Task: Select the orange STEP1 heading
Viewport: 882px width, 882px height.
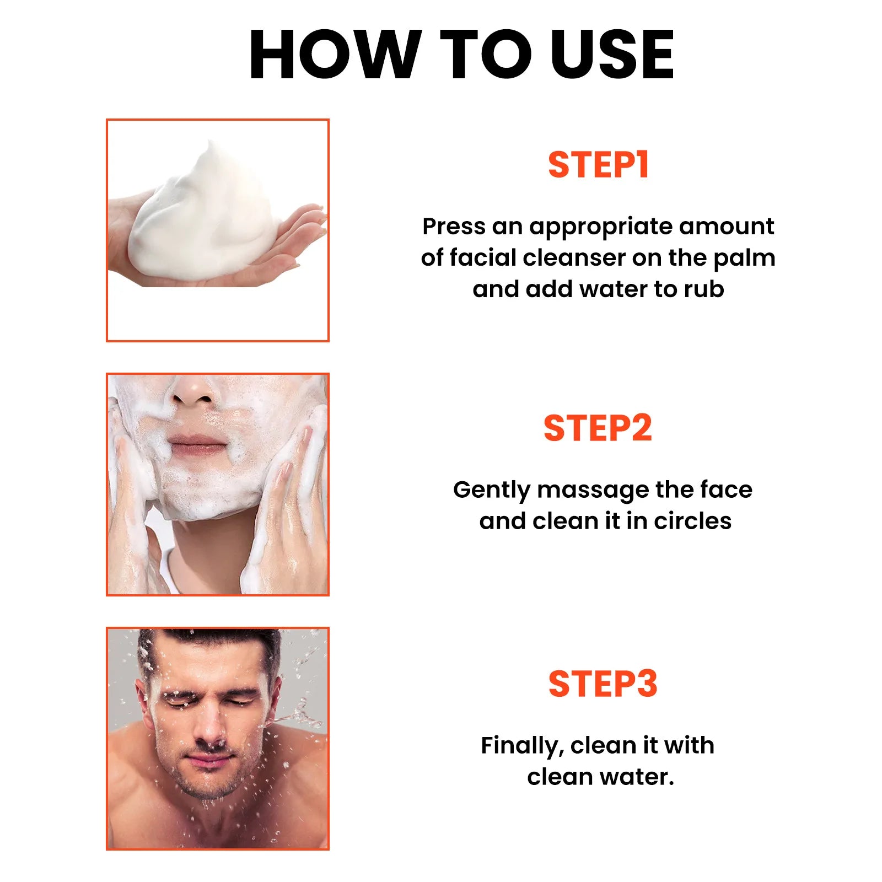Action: (598, 165)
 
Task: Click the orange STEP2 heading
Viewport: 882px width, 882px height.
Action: (598, 428)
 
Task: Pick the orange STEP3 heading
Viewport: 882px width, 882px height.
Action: (603, 684)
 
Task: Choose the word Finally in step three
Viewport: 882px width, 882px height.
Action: (522, 746)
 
